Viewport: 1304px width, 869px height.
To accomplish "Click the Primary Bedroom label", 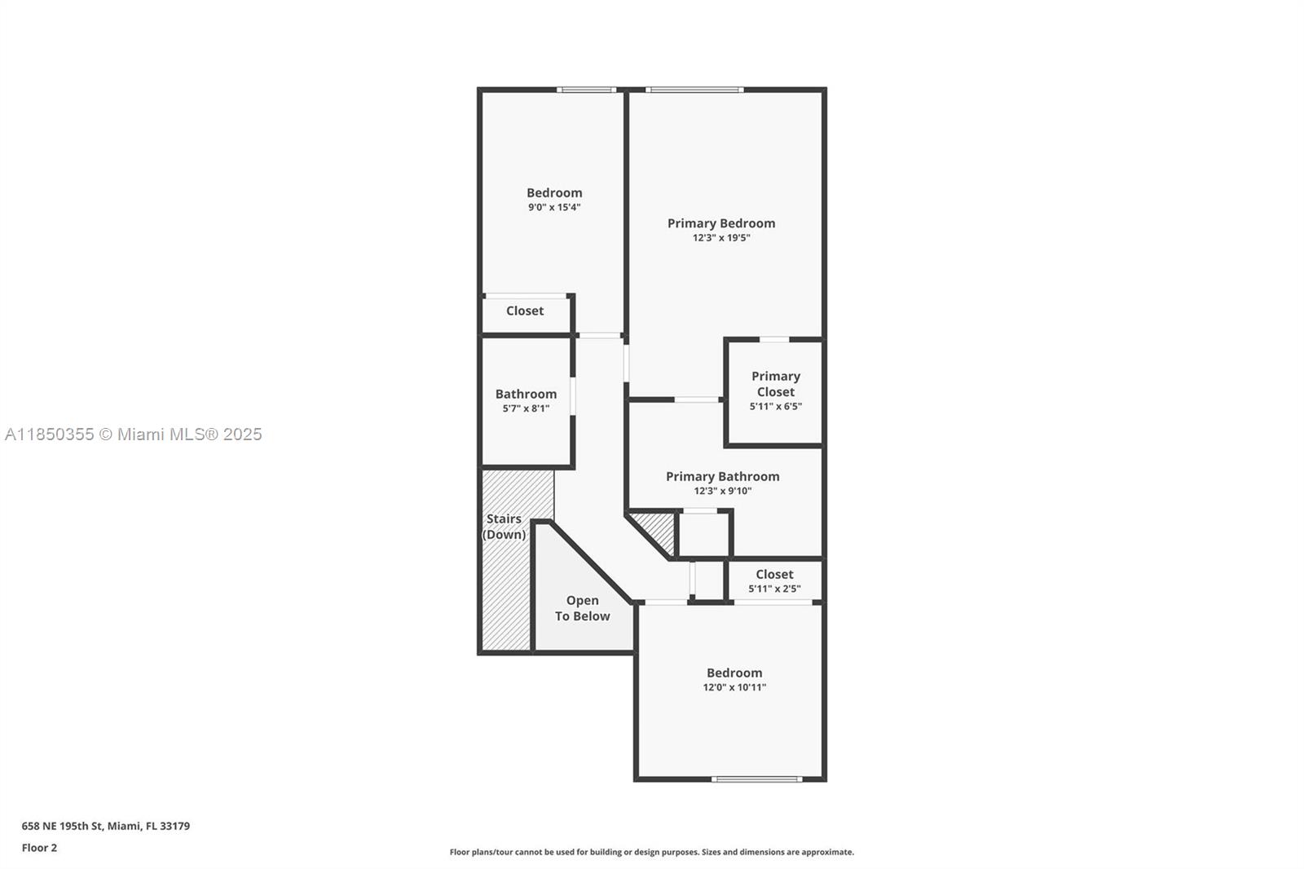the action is point(721,223).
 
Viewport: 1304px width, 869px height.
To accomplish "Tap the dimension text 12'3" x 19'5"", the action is point(721,238).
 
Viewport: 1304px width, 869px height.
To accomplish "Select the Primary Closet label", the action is point(775,384).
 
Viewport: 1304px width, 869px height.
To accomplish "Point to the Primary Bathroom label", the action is point(722,476).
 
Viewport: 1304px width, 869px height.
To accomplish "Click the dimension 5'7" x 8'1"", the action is point(526,408).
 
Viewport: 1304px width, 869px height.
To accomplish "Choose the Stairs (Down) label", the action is point(504,527).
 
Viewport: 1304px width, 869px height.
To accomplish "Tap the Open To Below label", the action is point(582,608).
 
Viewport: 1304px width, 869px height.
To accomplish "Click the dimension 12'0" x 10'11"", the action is point(734,687).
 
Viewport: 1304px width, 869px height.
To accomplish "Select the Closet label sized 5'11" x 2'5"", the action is point(774,574).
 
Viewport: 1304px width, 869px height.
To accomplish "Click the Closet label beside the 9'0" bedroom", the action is point(525,311).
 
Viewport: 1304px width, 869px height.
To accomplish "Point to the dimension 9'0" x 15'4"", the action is point(554,207).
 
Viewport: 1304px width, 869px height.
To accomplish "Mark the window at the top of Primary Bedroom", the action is point(694,90).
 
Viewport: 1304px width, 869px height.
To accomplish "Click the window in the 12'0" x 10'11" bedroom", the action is point(757,779).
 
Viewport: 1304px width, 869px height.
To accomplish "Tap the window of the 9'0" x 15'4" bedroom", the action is point(586,90).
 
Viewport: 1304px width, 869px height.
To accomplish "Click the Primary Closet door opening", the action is point(774,340).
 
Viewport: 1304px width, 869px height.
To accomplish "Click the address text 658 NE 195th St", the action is point(62,826).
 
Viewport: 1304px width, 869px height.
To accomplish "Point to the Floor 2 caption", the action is point(40,848).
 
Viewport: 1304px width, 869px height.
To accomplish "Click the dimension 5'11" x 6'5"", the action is point(775,407).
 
